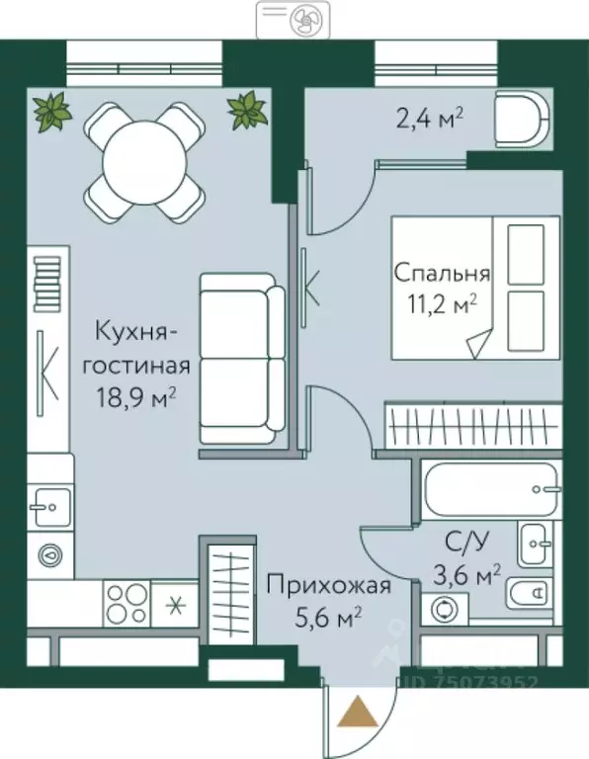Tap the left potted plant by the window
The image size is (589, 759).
tap(51, 111)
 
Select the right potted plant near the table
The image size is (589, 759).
tap(247, 111)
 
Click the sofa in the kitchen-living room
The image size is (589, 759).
tap(242, 359)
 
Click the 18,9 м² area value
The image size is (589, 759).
tap(137, 397)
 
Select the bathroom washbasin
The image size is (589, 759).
tap(539, 541)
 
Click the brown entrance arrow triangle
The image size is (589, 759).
tap(355, 711)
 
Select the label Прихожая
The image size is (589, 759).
tap(327, 586)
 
